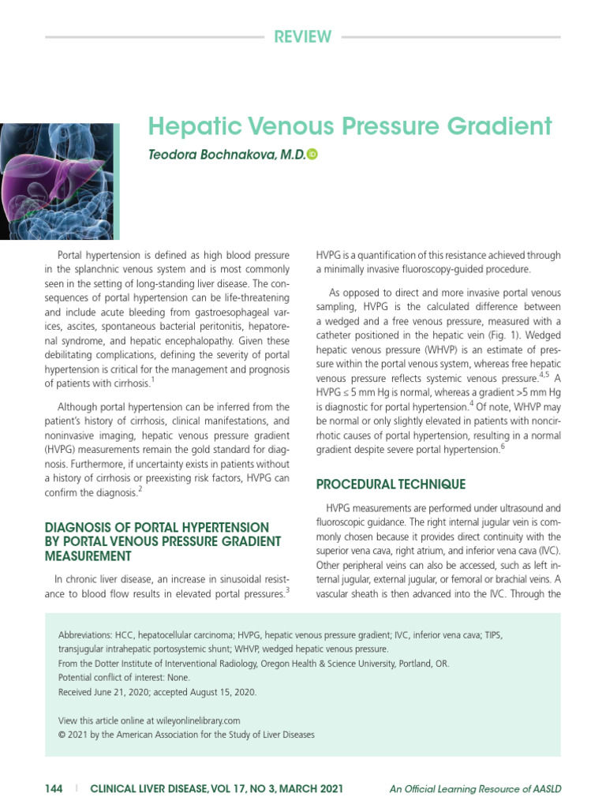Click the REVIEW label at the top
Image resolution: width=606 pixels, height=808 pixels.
point(302,36)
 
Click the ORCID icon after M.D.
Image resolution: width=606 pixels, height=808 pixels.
point(312,156)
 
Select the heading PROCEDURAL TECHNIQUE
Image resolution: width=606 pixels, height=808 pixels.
point(390,484)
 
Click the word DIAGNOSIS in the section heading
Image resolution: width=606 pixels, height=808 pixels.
point(81,527)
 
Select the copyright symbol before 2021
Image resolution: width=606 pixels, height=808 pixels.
point(62,735)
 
